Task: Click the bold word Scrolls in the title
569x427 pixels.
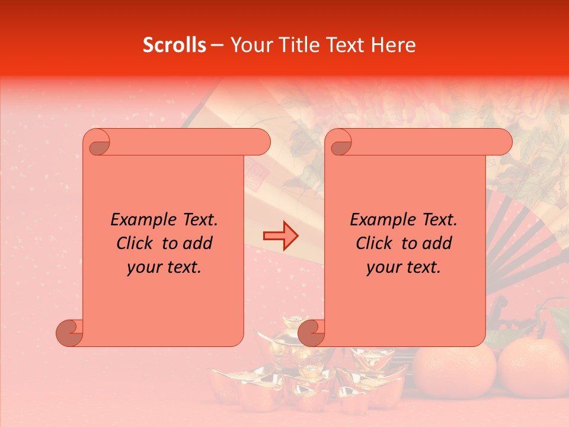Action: tap(175, 45)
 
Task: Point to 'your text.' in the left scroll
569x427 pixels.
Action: tap(164, 267)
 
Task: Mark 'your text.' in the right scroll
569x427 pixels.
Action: tap(403, 267)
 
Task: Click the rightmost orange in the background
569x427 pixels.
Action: tap(532, 366)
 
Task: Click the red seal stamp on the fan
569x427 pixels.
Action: tap(256, 176)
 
